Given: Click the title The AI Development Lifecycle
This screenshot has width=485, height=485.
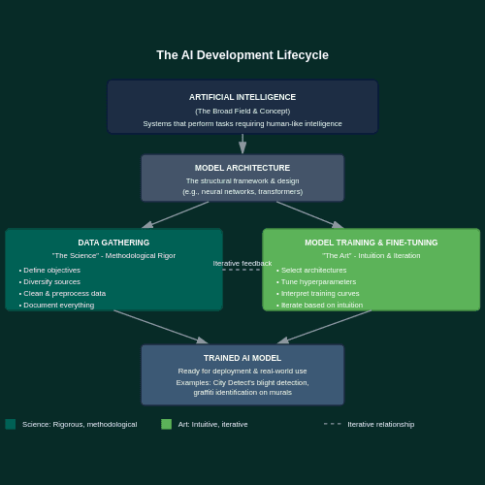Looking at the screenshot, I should [242, 55].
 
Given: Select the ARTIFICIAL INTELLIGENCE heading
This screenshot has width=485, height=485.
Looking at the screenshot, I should [242, 97].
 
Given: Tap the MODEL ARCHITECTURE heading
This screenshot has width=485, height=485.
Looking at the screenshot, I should [242, 168].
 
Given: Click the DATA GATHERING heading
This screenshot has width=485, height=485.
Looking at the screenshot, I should [113, 242].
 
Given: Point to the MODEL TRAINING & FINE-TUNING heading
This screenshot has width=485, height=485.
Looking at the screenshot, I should [371, 242].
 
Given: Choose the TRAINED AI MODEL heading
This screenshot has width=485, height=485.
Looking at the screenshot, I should [242, 358].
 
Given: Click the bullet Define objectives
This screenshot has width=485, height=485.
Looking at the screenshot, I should [51, 271].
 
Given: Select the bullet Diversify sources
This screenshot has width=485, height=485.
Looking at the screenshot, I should [51, 282].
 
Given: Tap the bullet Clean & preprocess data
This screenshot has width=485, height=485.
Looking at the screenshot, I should [64, 294].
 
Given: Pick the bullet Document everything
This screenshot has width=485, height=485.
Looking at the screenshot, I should [58, 306].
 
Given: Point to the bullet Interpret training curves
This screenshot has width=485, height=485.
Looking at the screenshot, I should [320, 294].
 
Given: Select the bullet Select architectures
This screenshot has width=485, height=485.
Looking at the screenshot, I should [313, 271].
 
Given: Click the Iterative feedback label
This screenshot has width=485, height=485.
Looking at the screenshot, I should [242, 263].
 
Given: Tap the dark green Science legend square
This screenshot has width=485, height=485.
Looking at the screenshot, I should [11, 424].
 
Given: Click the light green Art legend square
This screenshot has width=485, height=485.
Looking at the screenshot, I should [166, 424].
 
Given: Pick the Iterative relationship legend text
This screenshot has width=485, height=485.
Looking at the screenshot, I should [380, 424].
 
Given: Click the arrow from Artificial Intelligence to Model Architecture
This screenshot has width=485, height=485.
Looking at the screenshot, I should [242, 144].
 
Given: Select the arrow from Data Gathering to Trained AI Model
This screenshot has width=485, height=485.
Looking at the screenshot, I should [160, 327].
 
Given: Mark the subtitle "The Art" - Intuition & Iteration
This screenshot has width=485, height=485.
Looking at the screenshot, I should [371, 256].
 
